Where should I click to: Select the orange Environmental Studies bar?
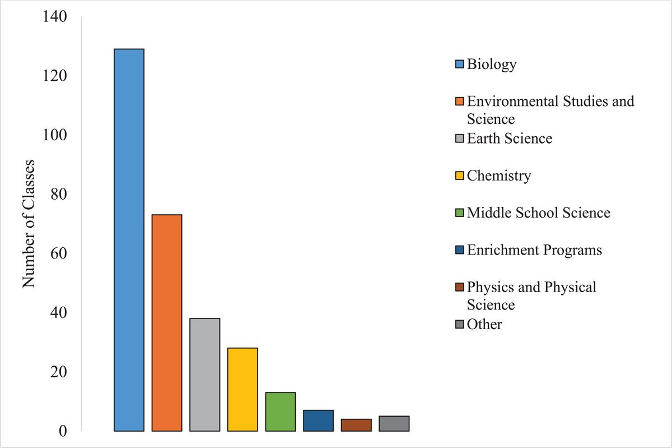[167, 323]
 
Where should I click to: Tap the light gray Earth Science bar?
[204, 375]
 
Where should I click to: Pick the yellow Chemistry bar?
[242, 390]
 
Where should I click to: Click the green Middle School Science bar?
[281, 412]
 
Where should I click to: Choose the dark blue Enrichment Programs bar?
[318, 421]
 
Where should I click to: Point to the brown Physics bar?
[356, 425]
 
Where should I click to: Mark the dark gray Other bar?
[394, 423]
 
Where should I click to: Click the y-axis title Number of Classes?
[29, 224]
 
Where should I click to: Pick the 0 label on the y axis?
[62, 431]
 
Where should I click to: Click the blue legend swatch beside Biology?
[460, 64]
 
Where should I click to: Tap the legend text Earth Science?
[510, 138]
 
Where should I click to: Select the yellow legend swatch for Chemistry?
[460, 176]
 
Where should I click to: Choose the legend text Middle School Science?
[538, 213]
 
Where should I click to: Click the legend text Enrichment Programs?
[534, 250]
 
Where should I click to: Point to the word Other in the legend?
[484, 324]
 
